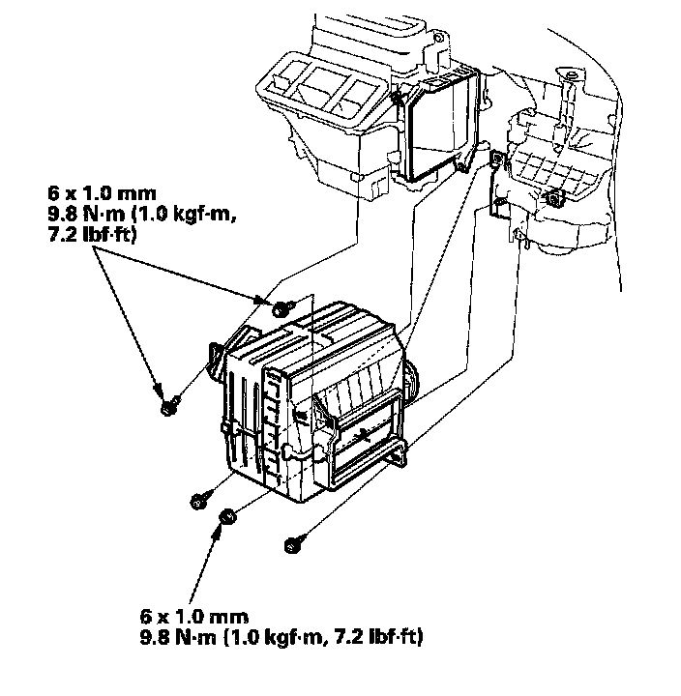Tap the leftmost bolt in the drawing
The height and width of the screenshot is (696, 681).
pyautogui.click(x=166, y=406)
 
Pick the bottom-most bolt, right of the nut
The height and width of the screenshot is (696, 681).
pyautogui.click(x=292, y=545)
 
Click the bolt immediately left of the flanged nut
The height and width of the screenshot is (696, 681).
pyautogui.click(x=198, y=500)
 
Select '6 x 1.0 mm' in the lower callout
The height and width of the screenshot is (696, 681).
pyautogui.click(x=192, y=616)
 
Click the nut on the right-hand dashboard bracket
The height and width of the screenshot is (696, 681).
pyautogui.click(x=556, y=199)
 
